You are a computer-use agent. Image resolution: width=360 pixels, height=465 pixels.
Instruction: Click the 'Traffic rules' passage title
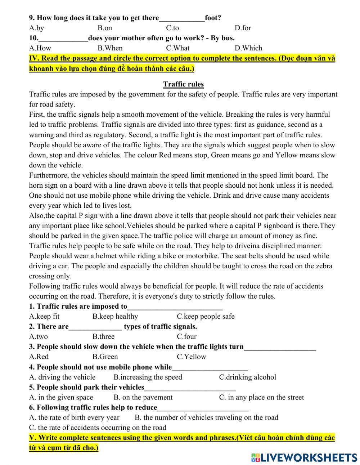pos(183,84)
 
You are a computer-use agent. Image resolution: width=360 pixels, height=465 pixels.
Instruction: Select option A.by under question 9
pos(36,28)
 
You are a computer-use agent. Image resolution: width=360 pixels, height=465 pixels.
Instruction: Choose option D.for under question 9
pos(243,28)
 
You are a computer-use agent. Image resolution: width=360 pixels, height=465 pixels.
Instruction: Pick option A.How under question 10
pos(40,48)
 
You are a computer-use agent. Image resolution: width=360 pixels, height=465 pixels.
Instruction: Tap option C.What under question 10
pos(177,48)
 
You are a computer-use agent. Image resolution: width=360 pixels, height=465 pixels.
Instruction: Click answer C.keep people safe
pos(205,317)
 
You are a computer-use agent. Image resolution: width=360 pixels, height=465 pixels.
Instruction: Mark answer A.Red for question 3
pos(39,357)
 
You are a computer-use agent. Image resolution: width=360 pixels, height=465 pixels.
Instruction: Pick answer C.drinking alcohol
pos(247,377)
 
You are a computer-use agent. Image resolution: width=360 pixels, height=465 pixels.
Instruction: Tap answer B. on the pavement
pos(143,397)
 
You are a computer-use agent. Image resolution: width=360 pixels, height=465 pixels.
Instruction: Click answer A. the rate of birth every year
pos(74,417)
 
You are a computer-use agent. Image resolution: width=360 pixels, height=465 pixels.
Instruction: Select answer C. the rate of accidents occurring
pos(98,428)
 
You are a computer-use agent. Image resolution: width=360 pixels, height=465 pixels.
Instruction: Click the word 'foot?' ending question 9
pos(213,18)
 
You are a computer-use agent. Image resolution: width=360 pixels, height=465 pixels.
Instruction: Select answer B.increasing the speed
pos(148,377)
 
